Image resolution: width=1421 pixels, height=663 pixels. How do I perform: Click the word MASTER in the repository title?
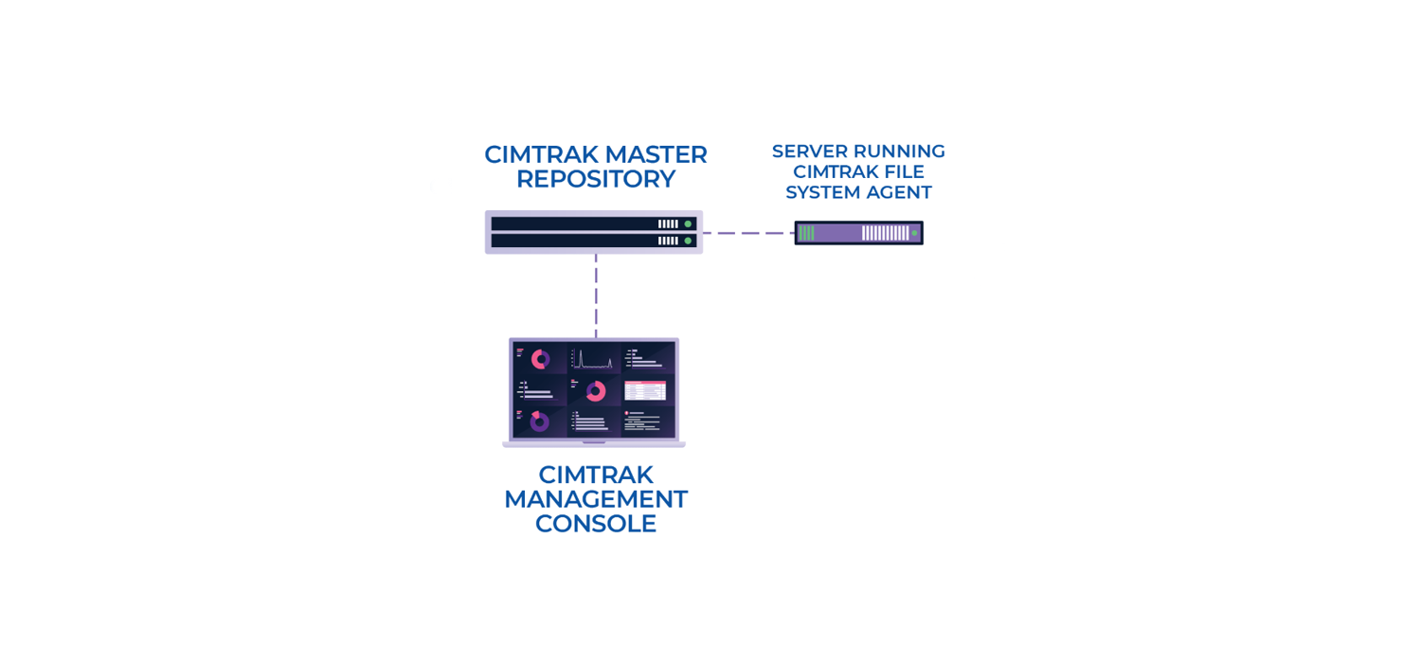pos(656,154)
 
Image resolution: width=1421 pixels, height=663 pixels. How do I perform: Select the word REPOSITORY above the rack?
pos(595,179)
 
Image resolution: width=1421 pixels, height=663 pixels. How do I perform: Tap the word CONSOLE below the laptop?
pos(595,524)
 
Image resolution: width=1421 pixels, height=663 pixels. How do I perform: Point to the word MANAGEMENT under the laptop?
pos(595,499)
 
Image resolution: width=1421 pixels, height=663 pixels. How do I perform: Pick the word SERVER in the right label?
pos(809,152)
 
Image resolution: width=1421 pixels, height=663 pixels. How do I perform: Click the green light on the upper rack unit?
pos(688,224)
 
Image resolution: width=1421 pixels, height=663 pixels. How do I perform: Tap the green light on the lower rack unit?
pos(688,241)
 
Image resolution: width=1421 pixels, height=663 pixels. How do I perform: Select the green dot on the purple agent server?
pos(914,233)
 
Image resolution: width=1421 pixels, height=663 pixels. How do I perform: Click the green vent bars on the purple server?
pos(806,233)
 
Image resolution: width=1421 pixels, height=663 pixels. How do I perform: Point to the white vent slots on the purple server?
pos(885,233)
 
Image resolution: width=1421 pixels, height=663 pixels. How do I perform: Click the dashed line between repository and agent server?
pos(747,233)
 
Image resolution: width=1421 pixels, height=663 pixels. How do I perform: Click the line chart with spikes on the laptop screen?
pos(594,360)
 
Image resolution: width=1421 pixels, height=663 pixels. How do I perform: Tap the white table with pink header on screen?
pos(645,390)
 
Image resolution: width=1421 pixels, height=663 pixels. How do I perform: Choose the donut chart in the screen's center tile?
pos(595,391)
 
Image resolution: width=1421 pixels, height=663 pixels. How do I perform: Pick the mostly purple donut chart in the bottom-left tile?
pos(539,421)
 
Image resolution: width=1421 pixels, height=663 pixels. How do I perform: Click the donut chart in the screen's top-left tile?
pos(540,359)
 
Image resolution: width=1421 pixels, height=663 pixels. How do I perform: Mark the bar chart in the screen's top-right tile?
pos(646,358)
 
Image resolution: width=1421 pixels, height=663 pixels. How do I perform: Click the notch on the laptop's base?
pos(594,442)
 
